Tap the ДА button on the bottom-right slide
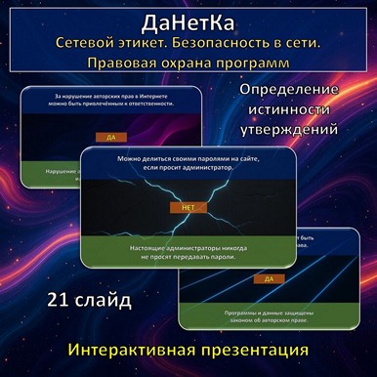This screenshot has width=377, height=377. click(x=267, y=278)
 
